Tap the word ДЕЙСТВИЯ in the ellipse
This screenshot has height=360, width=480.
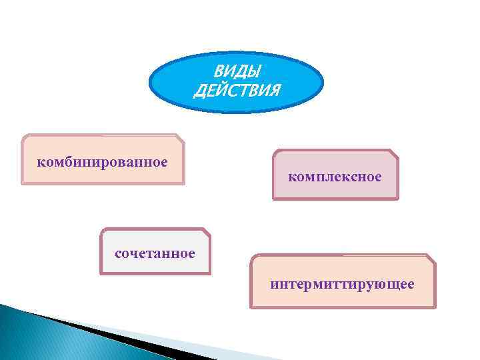[237, 91]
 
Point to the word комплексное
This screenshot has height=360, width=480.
[335, 177]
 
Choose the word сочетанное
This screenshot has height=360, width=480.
[155, 253]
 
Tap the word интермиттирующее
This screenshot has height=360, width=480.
[342, 285]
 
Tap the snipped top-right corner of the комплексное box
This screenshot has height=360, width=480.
[394, 153]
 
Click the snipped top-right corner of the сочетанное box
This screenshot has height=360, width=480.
[206, 232]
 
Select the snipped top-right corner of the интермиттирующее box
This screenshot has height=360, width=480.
[431, 258]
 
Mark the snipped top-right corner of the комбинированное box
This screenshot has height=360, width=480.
[179, 138]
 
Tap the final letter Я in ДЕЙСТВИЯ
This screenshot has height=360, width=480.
[275, 91]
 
